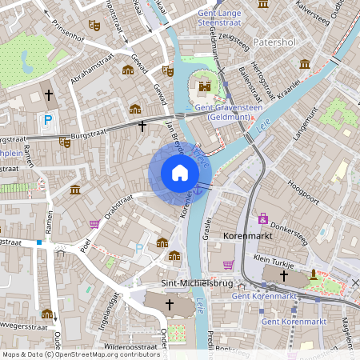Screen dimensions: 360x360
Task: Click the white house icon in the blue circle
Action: [180, 173]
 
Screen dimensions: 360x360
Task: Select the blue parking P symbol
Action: [48, 121]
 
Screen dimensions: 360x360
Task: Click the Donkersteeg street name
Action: [289, 231]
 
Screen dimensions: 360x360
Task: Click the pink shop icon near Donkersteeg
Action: [262, 218]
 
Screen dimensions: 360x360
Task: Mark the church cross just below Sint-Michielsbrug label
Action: [169, 305]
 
